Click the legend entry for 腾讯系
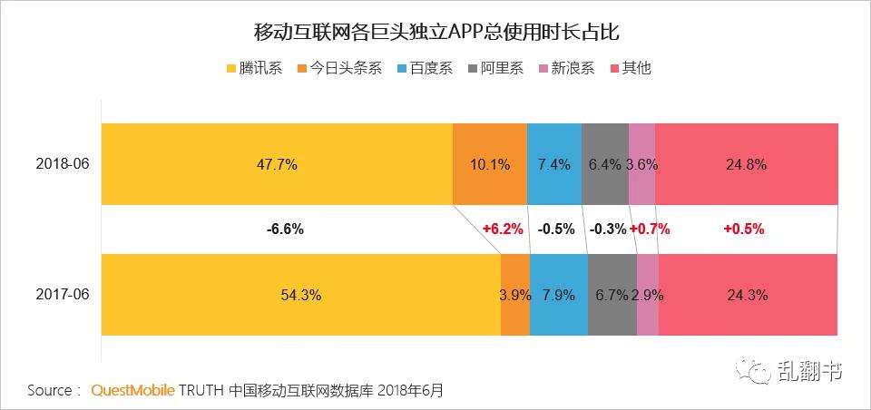pyautogui.click(x=259, y=68)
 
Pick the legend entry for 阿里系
pyautogui.click(x=494, y=68)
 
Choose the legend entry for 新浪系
pyautogui.click(x=566, y=68)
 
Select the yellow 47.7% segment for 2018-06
pyautogui.click(x=277, y=164)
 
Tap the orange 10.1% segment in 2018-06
pyautogui.click(x=489, y=164)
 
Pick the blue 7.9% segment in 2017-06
pyautogui.click(x=558, y=295)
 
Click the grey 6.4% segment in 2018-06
pyautogui.click(x=604, y=164)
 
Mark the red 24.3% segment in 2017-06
pyautogui.click(x=748, y=295)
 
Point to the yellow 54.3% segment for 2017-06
pyautogui.click(x=300, y=295)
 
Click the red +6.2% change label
pyautogui.click(x=503, y=229)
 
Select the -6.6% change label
pyautogui.click(x=284, y=229)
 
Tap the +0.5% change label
pyautogui.click(x=743, y=229)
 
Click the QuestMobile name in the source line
pyautogui.click(x=132, y=391)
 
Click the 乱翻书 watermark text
pyautogui.click(x=809, y=371)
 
